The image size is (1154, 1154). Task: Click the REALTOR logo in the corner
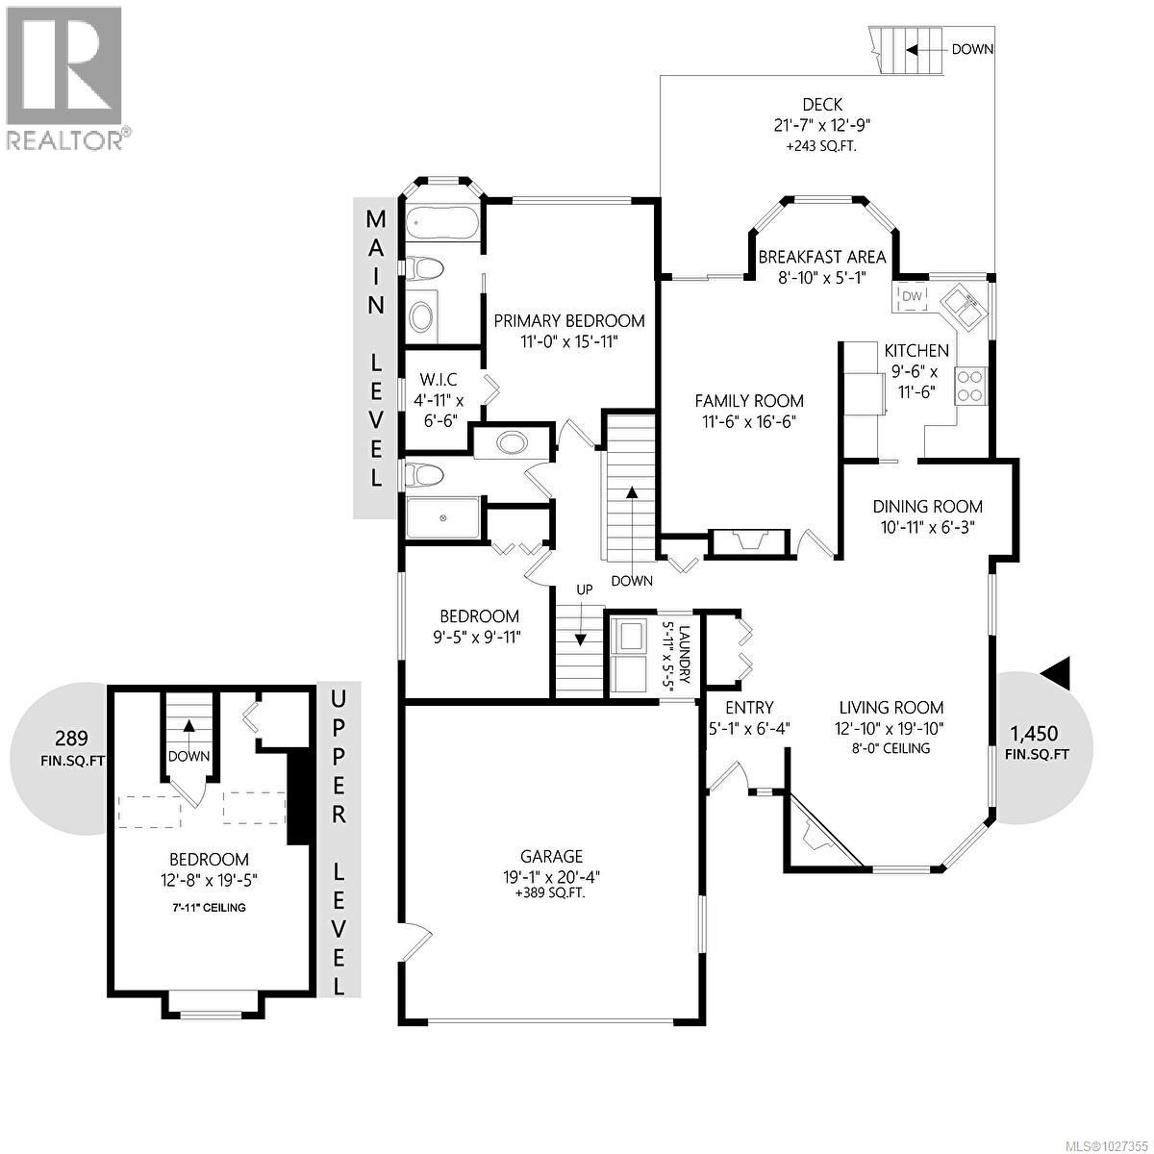tap(64, 77)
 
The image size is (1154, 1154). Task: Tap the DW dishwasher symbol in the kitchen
tap(912, 296)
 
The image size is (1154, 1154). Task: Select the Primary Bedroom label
tap(568, 321)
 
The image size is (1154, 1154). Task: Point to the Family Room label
tap(749, 401)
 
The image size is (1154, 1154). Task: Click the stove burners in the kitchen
tap(970, 385)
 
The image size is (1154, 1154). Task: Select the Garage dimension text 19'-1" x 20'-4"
tap(551, 876)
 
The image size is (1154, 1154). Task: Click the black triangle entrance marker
tap(1058, 672)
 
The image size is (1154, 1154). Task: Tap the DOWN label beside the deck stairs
tap(972, 49)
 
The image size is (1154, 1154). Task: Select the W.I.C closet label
tap(439, 381)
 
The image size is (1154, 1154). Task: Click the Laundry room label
tap(684, 658)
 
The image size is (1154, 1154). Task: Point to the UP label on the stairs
tap(584, 589)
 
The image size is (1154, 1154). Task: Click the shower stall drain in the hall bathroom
tap(443, 518)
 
